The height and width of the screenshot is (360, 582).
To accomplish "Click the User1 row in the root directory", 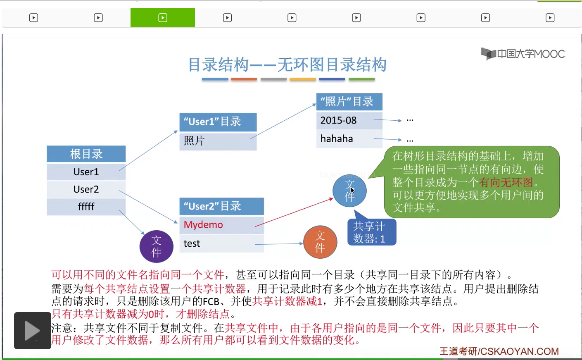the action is [86, 172].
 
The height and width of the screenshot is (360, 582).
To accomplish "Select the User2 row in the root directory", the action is [86, 189].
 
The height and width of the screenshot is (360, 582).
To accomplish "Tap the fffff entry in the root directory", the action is [86, 206].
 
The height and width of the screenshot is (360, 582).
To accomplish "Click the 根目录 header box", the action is [86, 154].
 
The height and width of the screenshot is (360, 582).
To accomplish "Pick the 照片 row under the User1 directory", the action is [218, 141].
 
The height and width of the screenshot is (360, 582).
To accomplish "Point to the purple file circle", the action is [156, 246].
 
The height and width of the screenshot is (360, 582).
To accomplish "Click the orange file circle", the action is [320, 242].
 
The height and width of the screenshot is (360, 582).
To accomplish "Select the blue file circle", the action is [349, 191].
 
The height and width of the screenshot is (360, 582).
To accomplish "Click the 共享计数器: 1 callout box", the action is [371, 232].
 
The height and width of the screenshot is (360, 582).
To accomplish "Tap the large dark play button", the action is [32, 331].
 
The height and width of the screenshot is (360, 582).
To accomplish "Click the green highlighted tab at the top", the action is [163, 18].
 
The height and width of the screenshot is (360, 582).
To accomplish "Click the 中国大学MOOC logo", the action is [523, 54].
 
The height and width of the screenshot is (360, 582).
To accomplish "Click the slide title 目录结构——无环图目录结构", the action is [287, 65].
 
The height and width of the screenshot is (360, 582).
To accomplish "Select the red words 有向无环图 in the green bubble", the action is [506, 182].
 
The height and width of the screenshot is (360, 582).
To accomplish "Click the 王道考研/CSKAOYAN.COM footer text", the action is [499, 351].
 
